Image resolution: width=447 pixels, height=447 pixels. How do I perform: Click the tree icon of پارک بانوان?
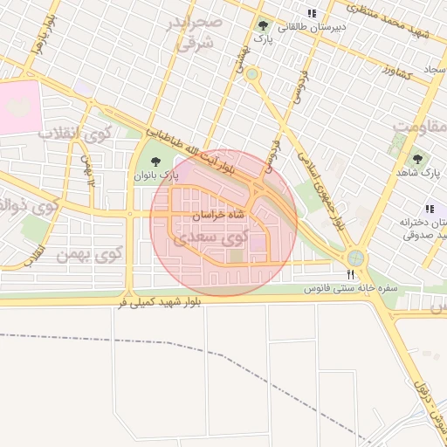coord(155,161)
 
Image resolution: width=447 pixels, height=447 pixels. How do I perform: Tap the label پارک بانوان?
coord(155,175)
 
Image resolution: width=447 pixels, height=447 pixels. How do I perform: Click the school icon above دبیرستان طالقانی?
coord(312,14)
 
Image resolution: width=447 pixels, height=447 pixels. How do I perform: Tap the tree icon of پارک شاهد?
coord(416,159)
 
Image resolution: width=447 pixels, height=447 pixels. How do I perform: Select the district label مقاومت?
coord(419,128)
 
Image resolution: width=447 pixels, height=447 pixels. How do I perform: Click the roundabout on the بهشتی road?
coord(252,75)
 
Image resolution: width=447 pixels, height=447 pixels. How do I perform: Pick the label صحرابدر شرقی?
coord(197,33)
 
